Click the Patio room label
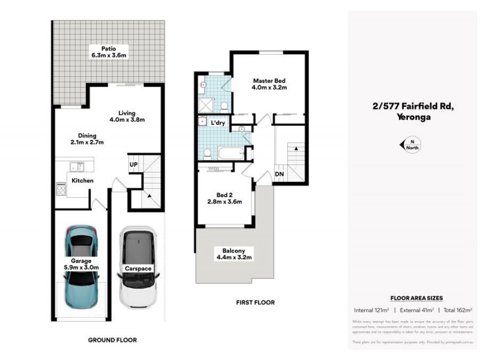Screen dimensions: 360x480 [108, 52]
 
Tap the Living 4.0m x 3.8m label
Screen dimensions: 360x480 [127, 116]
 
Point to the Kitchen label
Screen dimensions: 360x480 [82, 180]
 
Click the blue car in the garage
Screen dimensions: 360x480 [81, 264]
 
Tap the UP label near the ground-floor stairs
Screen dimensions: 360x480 [133, 164]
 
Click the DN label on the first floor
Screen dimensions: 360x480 [278, 175]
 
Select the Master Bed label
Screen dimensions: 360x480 [269, 84]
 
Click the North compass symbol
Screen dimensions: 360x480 [412, 145]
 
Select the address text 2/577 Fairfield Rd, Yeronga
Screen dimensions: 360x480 [413, 112]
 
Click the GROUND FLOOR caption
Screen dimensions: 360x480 [112, 340]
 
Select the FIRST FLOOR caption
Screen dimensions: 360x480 [255, 302]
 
